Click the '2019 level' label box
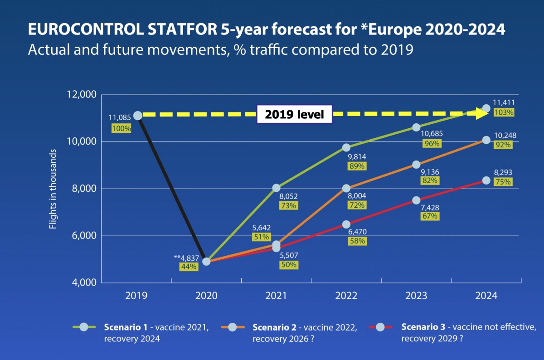(x=294, y=115)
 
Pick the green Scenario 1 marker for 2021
(x=277, y=188)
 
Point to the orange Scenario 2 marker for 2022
(x=346, y=188)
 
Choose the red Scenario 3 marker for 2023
(x=416, y=200)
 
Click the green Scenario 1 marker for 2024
(x=486, y=108)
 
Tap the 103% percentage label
(x=505, y=112)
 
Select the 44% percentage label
(x=189, y=267)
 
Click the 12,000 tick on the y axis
(x=82, y=94)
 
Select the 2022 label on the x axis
(x=346, y=296)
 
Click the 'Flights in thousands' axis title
(x=53, y=188)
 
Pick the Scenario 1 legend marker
(x=83, y=326)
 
